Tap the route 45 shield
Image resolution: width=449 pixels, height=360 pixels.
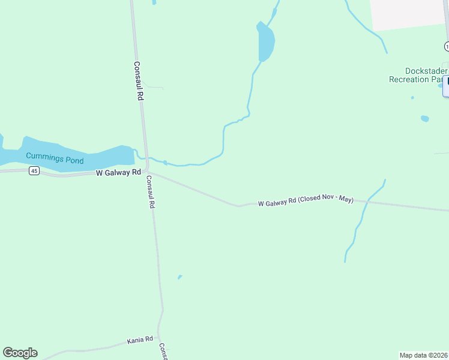pos(34,172)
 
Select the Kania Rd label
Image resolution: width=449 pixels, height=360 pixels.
pos(140,341)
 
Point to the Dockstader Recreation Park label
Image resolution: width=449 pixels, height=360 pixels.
pos(418,74)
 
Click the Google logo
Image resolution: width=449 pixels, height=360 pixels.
pos(20,353)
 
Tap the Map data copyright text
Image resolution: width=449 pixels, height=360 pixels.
pos(423,355)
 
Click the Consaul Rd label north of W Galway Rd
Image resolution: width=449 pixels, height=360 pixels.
pos(138,81)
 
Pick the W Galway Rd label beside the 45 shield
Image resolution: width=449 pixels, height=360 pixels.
pos(118,173)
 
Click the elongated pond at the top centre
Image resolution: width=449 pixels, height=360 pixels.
pos(265,42)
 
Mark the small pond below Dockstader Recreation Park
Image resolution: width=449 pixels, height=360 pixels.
pos(425,118)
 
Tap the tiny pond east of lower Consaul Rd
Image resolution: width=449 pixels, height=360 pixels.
pos(179,277)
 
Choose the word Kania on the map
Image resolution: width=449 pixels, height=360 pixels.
pos(135,341)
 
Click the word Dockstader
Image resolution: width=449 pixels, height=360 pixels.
pos(418,70)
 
